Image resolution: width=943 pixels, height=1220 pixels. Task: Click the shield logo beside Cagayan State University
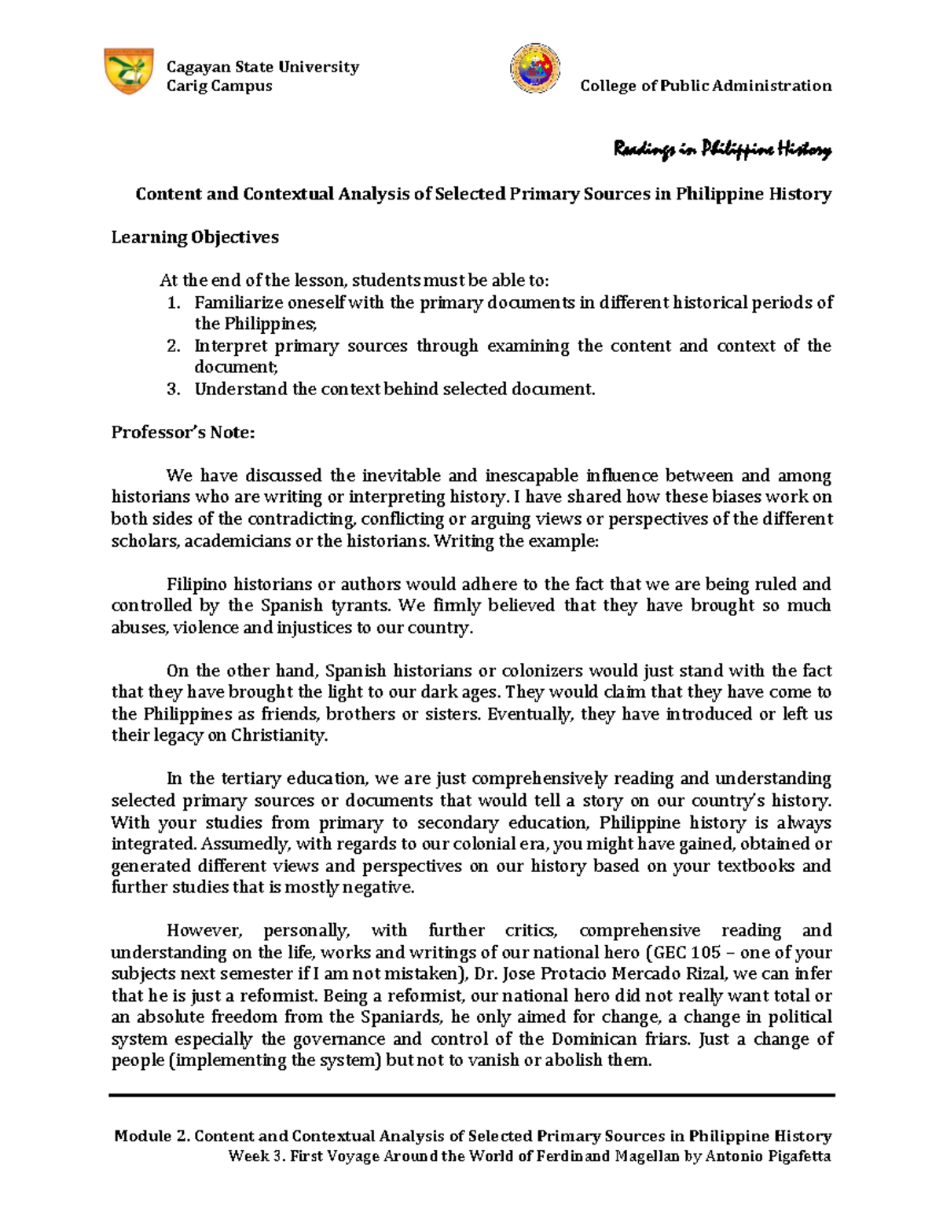(129, 71)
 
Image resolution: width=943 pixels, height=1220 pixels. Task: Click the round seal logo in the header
(535, 69)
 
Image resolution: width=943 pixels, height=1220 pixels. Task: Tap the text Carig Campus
(219, 86)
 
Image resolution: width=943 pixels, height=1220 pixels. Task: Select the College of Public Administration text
(705, 86)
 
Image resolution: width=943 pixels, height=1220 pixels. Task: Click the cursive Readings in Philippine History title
(723, 150)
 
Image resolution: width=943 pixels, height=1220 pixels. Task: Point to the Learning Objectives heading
(195, 237)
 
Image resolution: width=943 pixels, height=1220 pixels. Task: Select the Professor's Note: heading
(183, 432)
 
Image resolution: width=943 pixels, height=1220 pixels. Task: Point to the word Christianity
(279, 736)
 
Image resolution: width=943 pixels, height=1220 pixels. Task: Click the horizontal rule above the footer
(472, 1094)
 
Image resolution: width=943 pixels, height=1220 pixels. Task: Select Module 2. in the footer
(152, 1136)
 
